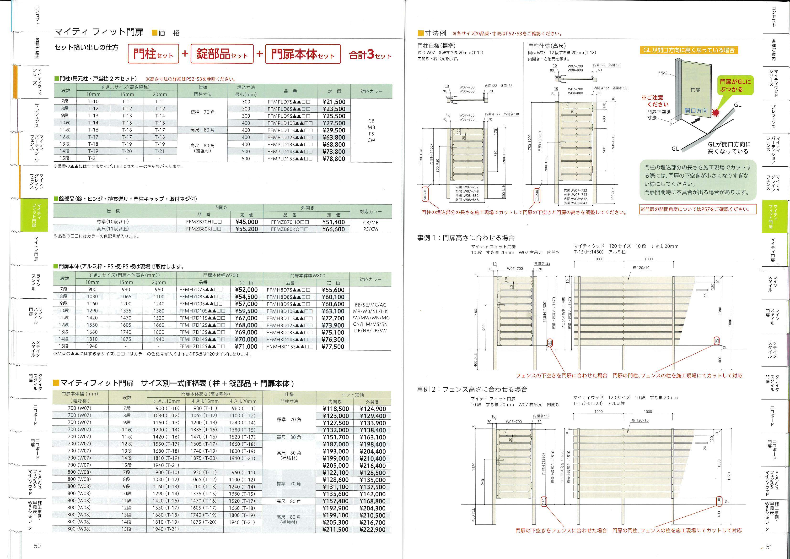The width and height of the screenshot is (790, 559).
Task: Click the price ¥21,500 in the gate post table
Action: (x=334, y=102)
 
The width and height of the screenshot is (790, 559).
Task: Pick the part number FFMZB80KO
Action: (x=290, y=229)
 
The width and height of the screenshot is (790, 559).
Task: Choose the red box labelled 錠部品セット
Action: (x=222, y=54)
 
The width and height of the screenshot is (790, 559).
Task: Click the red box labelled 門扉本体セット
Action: (x=303, y=54)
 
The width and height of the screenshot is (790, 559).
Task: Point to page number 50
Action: (x=37, y=546)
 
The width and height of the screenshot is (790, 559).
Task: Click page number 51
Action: (x=769, y=547)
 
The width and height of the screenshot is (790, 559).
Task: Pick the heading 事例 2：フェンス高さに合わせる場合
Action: (x=472, y=389)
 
